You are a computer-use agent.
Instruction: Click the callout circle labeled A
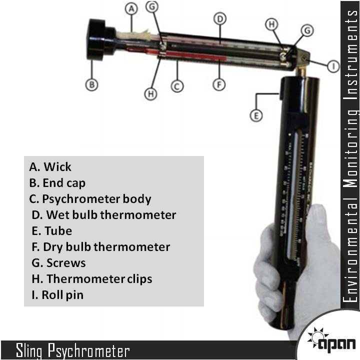coord(131,9)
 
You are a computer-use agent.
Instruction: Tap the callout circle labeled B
coord(91,84)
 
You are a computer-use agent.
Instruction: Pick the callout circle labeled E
coord(255,115)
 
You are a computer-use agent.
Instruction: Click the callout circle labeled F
coord(218,84)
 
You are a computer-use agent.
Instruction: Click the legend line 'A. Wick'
coord(50,167)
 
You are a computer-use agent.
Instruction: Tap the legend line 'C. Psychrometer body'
coord(90,199)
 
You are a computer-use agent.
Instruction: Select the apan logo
coord(331,340)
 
